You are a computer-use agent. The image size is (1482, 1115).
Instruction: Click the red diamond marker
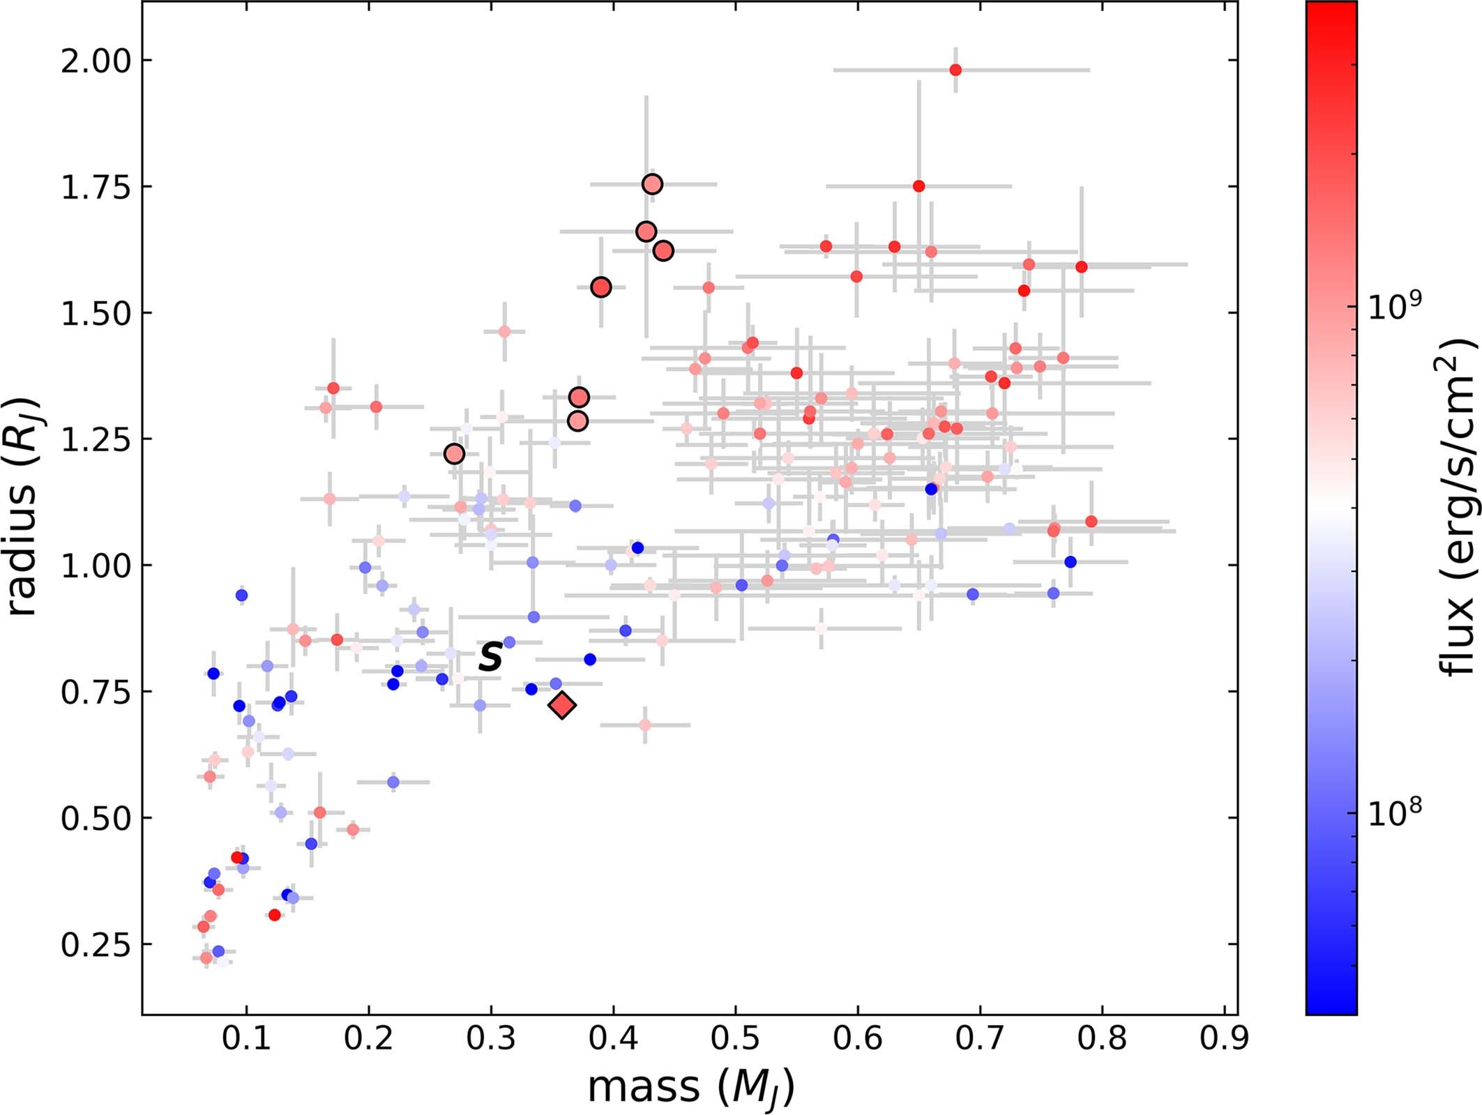[562, 706]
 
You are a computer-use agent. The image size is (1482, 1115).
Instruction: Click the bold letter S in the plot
[491, 656]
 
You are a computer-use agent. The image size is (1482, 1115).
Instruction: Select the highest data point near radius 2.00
[955, 70]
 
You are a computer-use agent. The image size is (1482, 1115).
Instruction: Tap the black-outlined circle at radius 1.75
[652, 184]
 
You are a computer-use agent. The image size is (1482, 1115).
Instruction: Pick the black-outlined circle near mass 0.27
[454, 454]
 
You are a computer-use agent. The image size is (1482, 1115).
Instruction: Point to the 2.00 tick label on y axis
[96, 61]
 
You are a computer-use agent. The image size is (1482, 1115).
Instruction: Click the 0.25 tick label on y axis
[96, 945]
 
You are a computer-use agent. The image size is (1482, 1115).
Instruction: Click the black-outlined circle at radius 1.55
[601, 287]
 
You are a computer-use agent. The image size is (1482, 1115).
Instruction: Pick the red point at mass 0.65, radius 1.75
[918, 186]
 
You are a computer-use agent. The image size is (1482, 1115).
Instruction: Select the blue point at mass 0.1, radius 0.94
[241, 595]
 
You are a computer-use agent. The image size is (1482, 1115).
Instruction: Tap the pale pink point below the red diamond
[644, 725]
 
